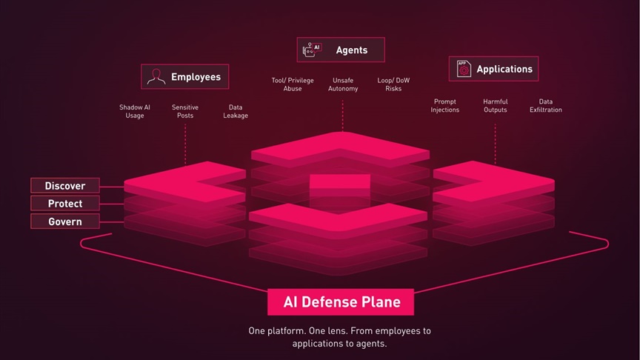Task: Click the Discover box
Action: [x=65, y=186]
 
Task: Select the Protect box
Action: [x=65, y=203]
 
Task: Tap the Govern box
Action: [x=65, y=221]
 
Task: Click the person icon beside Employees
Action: [x=156, y=77]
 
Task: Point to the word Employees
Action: [x=196, y=77]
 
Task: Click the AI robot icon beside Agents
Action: [x=313, y=50]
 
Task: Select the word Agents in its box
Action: [x=352, y=50]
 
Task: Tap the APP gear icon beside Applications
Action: [x=464, y=69]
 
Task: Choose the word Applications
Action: [x=504, y=70]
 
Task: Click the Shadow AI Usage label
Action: [x=135, y=111]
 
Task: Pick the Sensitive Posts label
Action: [x=185, y=111]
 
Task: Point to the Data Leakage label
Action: [x=236, y=111]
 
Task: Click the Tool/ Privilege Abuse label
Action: [x=293, y=84]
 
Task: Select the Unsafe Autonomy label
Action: [x=343, y=84]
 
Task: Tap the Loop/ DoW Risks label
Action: [x=393, y=84]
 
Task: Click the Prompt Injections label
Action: [x=445, y=106]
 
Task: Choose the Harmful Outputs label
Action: [x=495, y=106]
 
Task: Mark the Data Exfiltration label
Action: [x=546, y=106]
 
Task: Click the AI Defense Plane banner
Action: [x=341, y=302]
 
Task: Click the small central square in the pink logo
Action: [x=340, y=181]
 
